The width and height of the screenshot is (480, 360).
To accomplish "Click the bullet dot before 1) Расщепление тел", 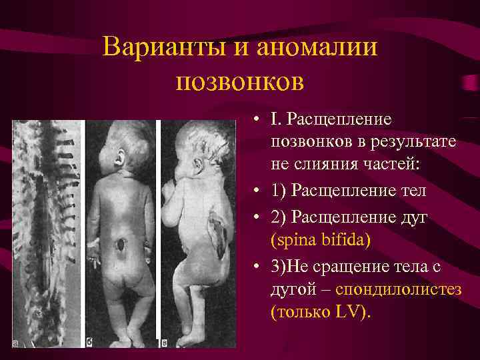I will tap(257, 192).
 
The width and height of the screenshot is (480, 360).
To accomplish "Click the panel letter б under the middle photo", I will tap(89, 343).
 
